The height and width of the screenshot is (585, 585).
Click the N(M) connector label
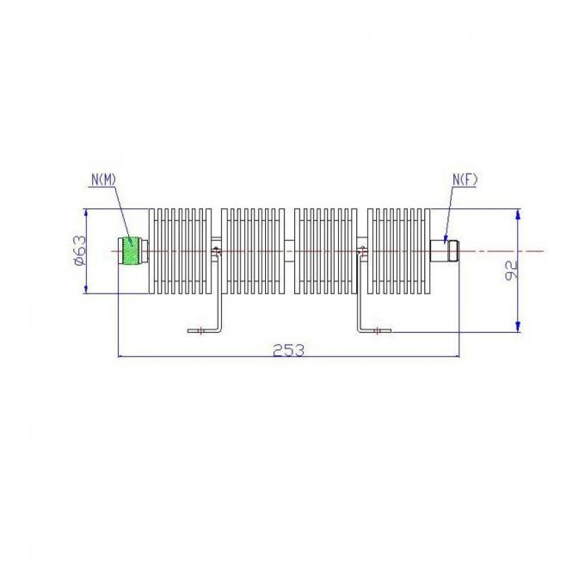[106, 179]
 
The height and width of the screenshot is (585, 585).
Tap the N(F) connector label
[465, 179]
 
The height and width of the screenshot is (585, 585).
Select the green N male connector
[132, 250]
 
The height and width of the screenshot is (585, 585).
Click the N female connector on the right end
[443, 250]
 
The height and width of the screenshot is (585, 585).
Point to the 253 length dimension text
[288, 349]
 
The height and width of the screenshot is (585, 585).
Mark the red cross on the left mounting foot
[200, 329]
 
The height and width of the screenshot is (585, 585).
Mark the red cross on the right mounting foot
[378, 329]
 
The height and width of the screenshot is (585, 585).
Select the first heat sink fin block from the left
[180, 250]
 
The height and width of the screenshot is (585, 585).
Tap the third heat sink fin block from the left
[325, 250]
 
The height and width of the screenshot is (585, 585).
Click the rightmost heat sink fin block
[397, 250]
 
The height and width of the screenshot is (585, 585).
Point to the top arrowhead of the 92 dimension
[518, 215]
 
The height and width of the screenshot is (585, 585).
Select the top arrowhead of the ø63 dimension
[85, 214]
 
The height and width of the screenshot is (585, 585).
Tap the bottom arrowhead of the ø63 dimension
[85, 287]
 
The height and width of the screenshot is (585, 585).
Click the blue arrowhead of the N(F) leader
[445, 238]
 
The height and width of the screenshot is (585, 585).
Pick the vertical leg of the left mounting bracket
[219, 292]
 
